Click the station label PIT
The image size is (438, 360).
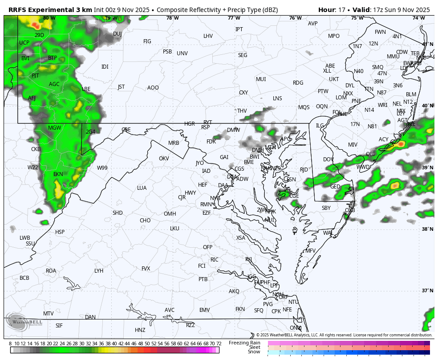[35, 76]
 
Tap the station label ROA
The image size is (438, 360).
[51, 271]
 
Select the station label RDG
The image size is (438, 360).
[298, 83]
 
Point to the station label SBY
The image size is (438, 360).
[326, 208]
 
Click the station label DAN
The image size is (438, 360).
[90, 317]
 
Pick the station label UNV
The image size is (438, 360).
[182, 53]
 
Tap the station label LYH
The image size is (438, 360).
[99, 271]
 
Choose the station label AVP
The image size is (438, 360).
[312, 24]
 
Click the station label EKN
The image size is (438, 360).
[58, 174]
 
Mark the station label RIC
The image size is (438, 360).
[215, 260]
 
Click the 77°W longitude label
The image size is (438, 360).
[234, 18]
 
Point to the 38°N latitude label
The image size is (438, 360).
[427, 229]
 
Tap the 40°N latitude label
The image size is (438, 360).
[427, 106]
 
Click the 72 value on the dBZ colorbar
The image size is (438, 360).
[219, 344]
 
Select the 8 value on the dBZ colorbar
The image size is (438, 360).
[10, 344]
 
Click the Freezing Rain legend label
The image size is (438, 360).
[244, 343]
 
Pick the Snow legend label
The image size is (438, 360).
[254, 352]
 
